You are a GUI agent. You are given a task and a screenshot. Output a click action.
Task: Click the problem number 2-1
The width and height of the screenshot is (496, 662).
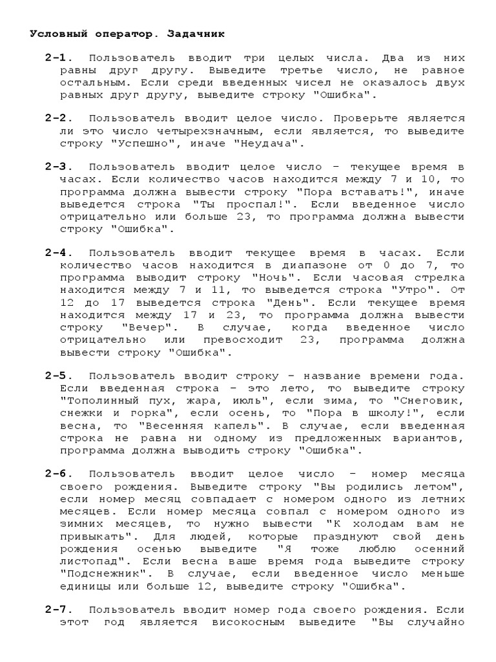[58, 58]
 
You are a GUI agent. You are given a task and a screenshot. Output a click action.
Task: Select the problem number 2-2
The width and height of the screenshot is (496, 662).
[58, 119]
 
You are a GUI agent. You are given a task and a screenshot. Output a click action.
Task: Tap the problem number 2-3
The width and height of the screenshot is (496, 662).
[58, 167]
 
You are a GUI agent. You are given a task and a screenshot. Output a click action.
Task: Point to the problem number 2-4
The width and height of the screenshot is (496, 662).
[58, 253]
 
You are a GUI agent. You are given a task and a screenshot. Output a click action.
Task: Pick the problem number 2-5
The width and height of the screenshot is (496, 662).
[58, 375]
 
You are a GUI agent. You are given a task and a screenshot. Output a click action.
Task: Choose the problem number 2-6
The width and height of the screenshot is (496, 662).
[58, 473]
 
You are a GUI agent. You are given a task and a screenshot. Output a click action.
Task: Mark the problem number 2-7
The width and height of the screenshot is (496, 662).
[58, 610]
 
